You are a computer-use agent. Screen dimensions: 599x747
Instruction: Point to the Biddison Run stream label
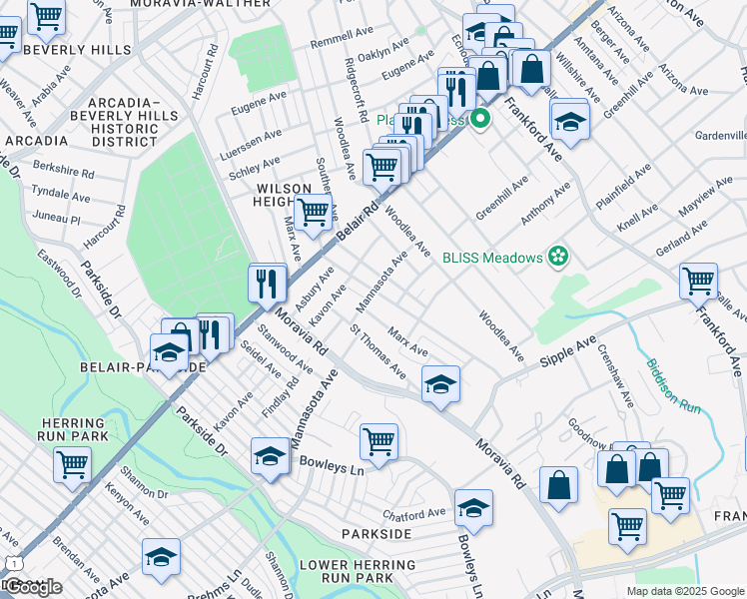pyautogui.click(x=671, y=385)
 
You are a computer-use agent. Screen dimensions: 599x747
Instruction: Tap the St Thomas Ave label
pyautogui.click(x=376, y=350)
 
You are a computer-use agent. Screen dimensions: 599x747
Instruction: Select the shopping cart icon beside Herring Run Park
pyautogui.click(x=73, y=462)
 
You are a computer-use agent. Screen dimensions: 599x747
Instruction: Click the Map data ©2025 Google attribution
pyautogui.click(x=684, y=591)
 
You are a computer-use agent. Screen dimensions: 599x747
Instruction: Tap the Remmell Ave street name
pyautogui.click(x=340, y=43)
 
